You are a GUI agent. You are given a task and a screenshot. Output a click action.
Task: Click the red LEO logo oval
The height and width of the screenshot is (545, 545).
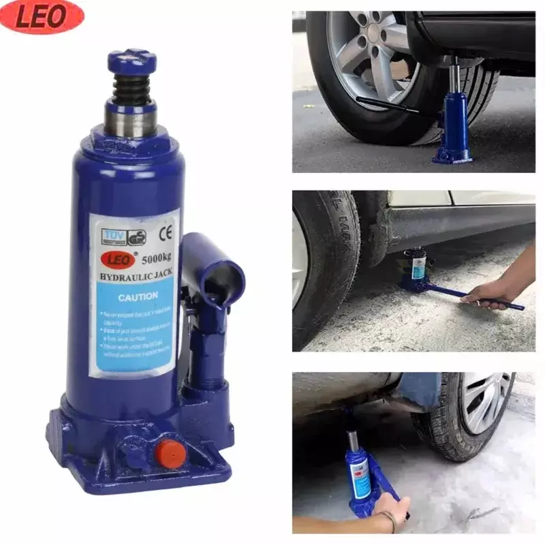(42, 17)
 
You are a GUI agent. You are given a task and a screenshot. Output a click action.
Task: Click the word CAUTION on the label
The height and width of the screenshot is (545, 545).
(138, 296)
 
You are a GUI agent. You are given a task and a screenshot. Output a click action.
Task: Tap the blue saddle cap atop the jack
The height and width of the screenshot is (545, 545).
(131, 61)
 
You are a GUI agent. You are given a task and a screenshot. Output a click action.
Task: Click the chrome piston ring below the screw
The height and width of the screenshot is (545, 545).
(131, 118)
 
